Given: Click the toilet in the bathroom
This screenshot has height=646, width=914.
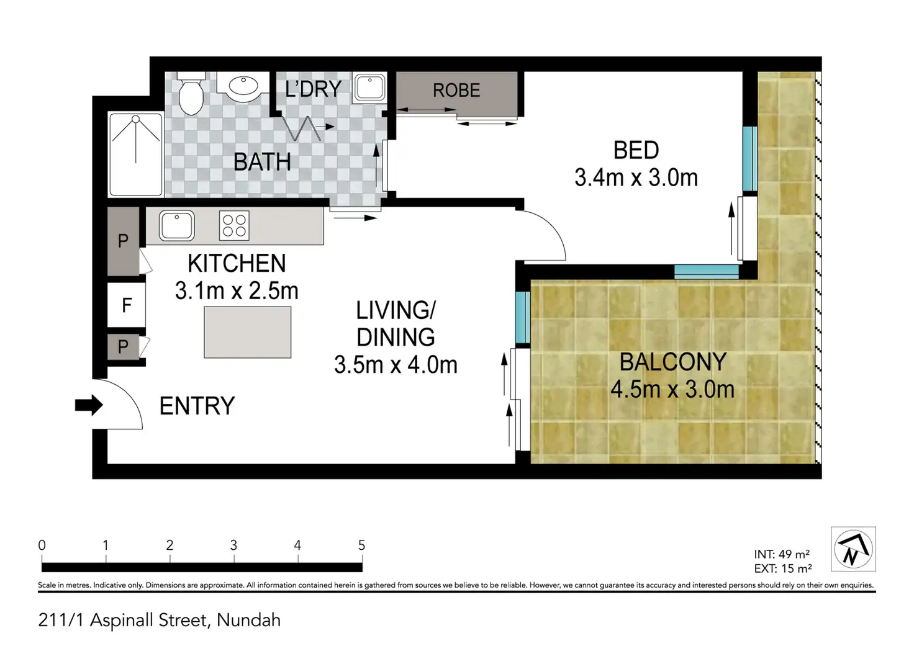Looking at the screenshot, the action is click(191, 94).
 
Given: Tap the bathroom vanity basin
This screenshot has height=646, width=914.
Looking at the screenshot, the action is click(243, 86).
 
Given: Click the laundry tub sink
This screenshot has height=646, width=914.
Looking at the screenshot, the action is click(369, 87).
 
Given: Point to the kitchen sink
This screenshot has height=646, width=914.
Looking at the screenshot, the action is click(177, 225).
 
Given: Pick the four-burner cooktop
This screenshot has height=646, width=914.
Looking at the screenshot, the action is click(234, 225).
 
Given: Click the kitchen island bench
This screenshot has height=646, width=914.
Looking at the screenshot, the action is click(248, 333).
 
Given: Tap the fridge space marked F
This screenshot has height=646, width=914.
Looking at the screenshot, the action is click(127, 305).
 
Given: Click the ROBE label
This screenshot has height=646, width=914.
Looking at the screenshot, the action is click(456, 91).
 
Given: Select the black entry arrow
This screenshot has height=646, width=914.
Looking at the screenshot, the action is click(89, 405).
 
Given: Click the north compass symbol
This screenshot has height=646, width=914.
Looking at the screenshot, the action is click(853, 549).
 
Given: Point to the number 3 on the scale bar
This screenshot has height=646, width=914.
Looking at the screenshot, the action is click(233, 545).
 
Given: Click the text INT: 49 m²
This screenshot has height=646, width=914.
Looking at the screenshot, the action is click(782, 554).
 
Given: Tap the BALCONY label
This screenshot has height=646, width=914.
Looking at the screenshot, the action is click(673, 362).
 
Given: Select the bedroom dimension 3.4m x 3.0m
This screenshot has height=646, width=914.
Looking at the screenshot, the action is click(636, 178).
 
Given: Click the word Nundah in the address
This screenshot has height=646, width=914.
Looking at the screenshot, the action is click(248, 621).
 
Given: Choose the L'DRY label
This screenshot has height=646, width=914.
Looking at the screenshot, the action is click(313, 89).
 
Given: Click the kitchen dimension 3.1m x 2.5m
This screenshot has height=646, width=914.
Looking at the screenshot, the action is click(237, 291).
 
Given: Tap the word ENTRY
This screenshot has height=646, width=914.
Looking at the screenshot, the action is click(197, 406).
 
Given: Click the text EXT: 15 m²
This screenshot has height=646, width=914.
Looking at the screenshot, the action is click(783, 568).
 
